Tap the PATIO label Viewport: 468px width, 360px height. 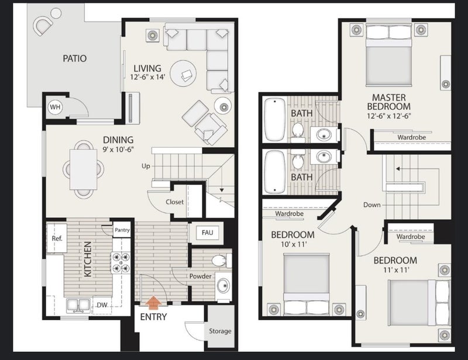click(75, 58)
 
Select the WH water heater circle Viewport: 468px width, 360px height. click(55, 108)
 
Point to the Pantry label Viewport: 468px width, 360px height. click(122, 230)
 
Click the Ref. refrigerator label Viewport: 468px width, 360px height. click(57, 239)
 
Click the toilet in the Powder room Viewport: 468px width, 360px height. click(219, 260)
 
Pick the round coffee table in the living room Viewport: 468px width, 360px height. click(187, 74)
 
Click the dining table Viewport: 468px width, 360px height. click(83, 168)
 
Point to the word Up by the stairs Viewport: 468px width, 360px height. click(146, 166)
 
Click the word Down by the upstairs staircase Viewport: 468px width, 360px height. click(371, 205)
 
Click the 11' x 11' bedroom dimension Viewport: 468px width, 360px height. click(395, 271)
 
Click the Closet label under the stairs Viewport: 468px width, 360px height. click(174, 202)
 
